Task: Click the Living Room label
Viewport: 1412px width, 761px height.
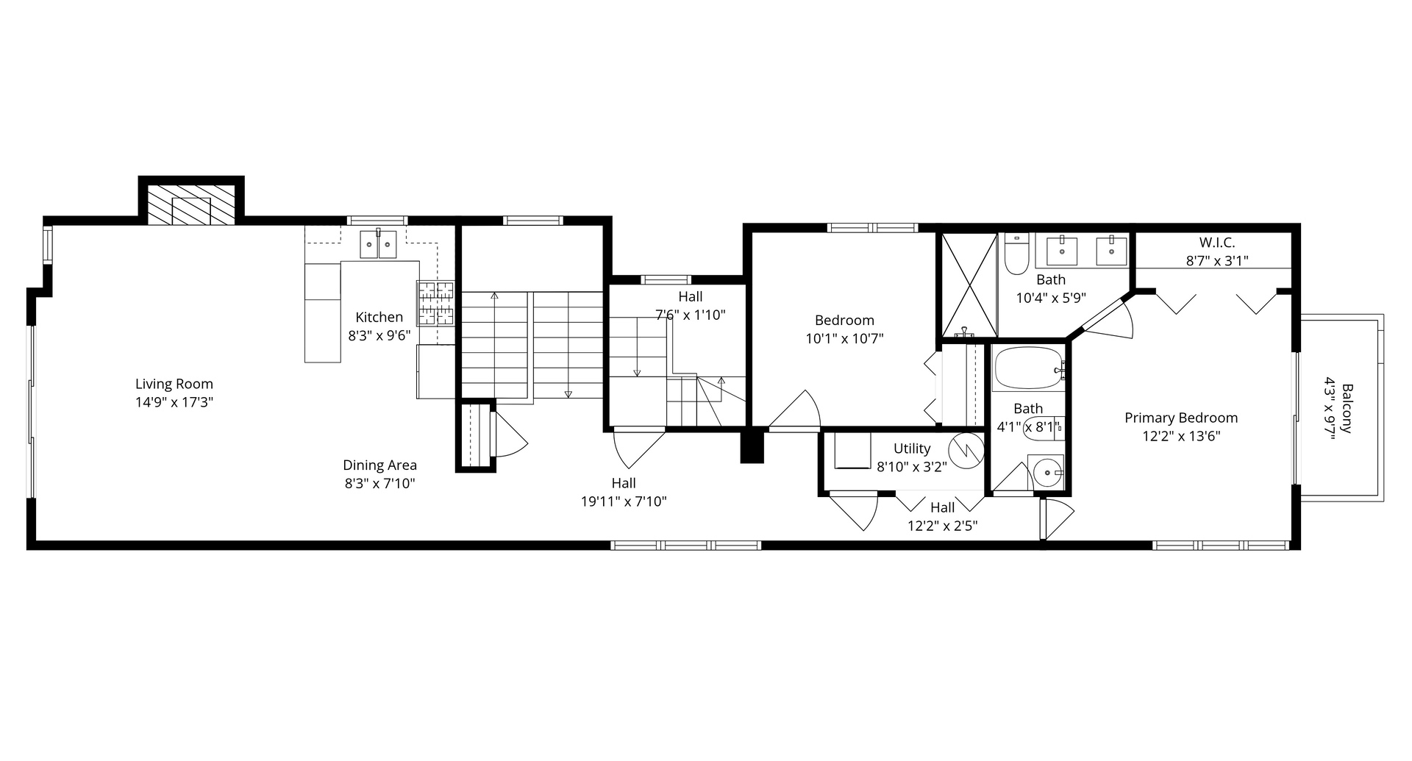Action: tap(174, 384)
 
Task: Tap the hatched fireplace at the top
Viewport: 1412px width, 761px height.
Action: tap(191, 204)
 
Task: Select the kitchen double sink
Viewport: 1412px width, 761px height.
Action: tap(378, 244)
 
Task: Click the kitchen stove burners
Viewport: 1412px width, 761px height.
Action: tap(435, 303)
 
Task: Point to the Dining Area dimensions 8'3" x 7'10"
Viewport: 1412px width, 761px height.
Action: tap(379, 484)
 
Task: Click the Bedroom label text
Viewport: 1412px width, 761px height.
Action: tap(844, 321)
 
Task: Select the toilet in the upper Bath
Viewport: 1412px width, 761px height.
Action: tap(1016, 255)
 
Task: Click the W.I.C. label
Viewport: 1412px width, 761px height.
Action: tap(1216, 243)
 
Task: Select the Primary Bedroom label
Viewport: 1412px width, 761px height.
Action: tap(1180, 418)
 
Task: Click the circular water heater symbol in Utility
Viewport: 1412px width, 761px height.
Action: tap(966, 451)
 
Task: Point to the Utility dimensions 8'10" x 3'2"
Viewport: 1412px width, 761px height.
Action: tap(912, 466)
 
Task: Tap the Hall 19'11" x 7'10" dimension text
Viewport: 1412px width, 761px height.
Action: tap(624, 502)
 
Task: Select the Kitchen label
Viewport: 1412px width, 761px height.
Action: tap(379, 318)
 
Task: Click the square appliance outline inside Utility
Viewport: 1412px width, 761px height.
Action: tap(853, 450)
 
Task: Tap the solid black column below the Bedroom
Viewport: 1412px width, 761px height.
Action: tap(752, 446)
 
